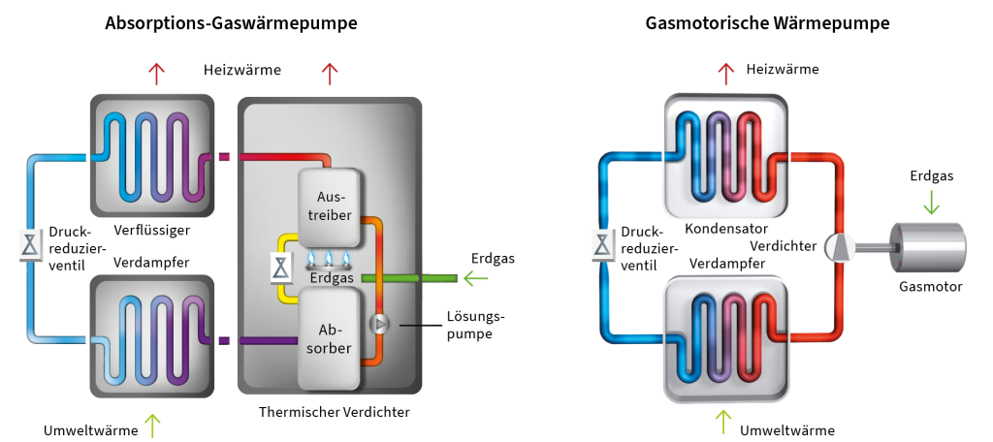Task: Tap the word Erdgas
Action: (x=330, y=278)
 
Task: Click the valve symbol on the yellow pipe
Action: (x=280, y=267)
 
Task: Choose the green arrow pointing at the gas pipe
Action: (x=475, y=279)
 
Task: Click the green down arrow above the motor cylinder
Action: (x=931, y=203)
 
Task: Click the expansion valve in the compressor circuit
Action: (x=603, y=246)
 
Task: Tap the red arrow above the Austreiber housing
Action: (x=330, y=73)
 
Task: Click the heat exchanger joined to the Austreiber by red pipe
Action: (x=151, y=156)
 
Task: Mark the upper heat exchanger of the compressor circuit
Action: (x=726, y=156)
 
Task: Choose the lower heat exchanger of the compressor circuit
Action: (x=726, y=338)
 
